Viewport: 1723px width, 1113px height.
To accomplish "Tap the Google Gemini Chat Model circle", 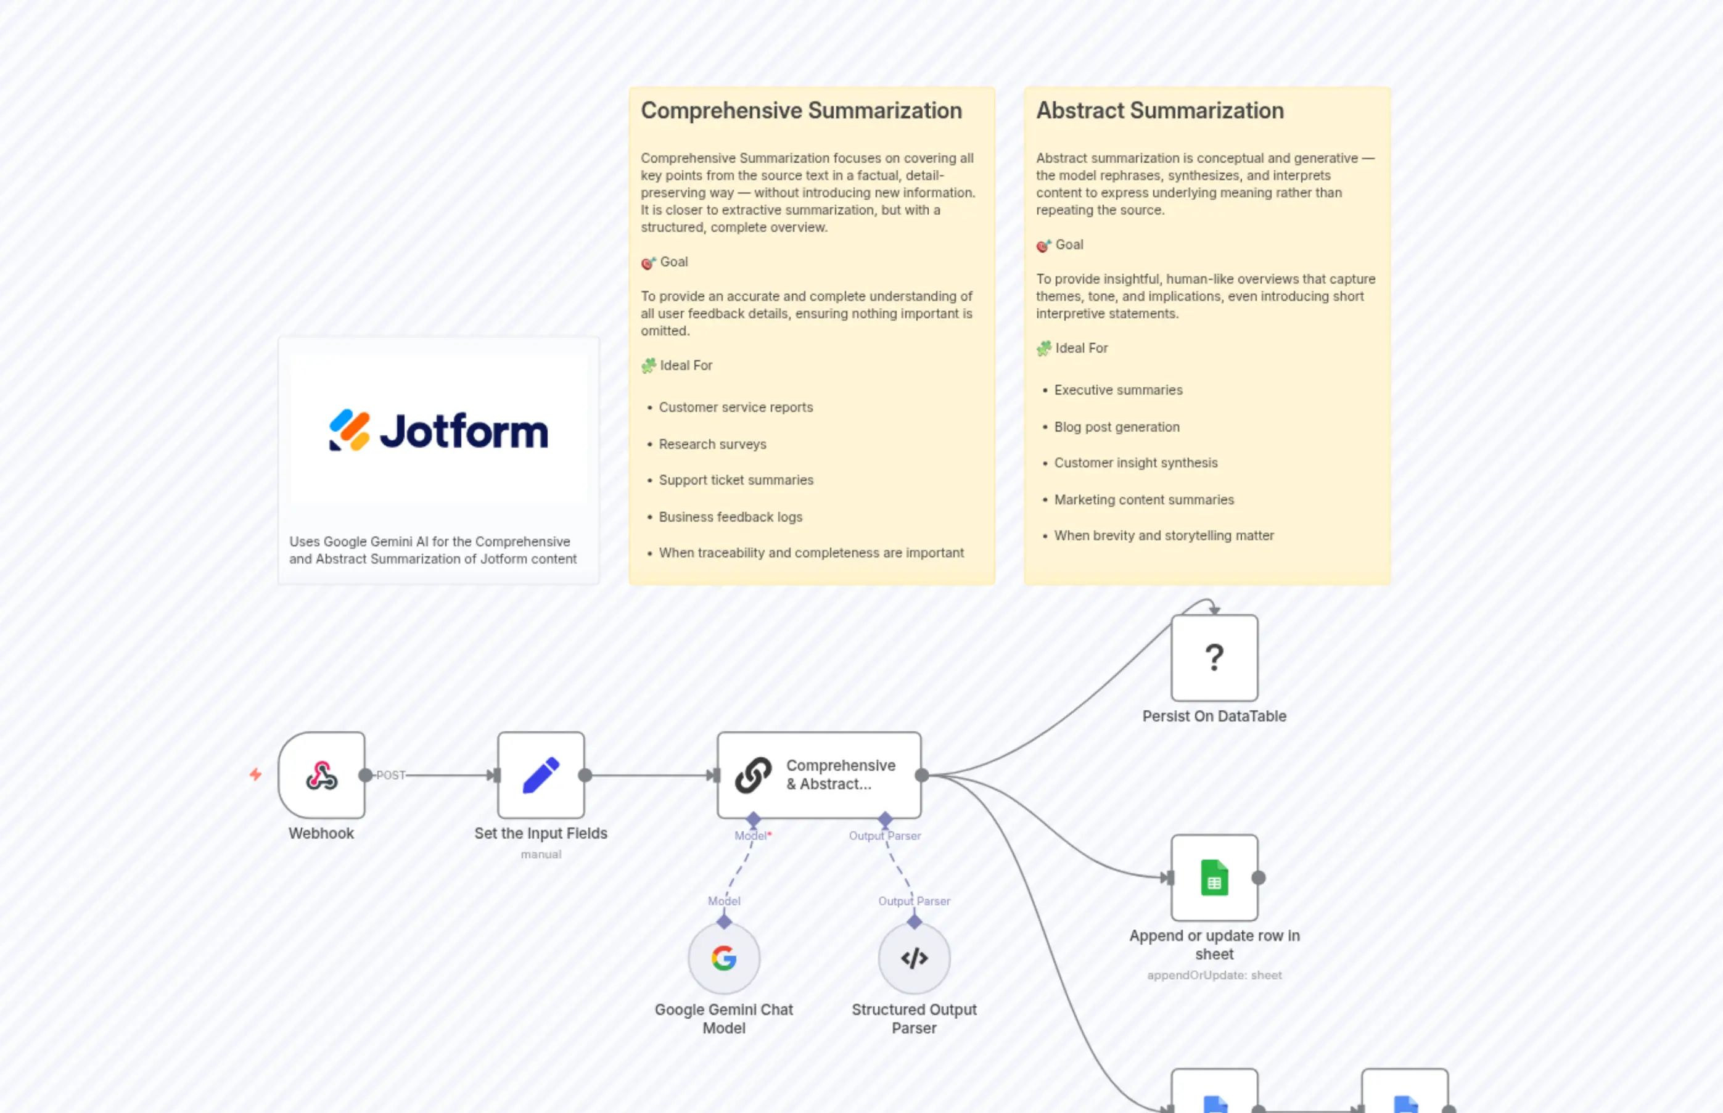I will pyautogui.click(x=723, y=958).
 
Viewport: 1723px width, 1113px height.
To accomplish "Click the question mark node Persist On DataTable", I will pyautogui.click(x=1214, y=658).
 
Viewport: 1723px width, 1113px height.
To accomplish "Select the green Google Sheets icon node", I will pyautogui.click(x=1214, y=877).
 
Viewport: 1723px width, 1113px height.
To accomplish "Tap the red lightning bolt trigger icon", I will pyautogui.click(x=256, y=774).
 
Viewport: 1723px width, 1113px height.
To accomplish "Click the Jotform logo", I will pyautogui.click(x=438, y=431).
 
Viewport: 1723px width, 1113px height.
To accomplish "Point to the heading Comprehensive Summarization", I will pyautogui.click(x=801, y=110).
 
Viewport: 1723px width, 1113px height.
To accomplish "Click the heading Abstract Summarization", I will pyautogui.click(x=1159, y=110).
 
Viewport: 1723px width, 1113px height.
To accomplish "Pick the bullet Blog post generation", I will pyautogui.click(x=1117, y=427).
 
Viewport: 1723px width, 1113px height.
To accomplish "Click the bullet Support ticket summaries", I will pyautogui.click(x=736, y=480).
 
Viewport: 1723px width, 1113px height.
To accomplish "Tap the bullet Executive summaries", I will pyautogui.click(x=1118, y=390).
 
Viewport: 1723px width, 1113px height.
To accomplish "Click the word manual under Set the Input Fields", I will pyautogui.click(x=541, y=854).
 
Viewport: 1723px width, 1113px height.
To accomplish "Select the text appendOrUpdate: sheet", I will pyautogui.click(x=1214, y=975).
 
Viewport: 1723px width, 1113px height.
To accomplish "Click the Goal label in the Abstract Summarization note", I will pyautogui.click(x=1069, y=244).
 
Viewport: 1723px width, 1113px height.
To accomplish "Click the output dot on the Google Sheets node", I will pyautogui.click(x=1258, y=877).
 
